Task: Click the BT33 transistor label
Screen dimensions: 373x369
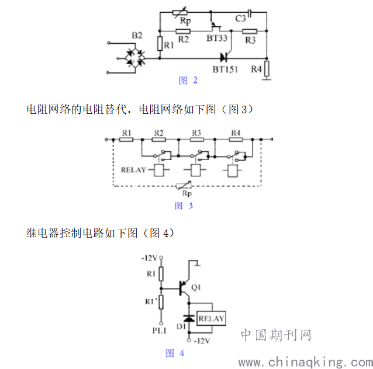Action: [x=217, y=38]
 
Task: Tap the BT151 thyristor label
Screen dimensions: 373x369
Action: [x=225, y=69]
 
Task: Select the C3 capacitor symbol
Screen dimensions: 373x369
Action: [x=249, y=13]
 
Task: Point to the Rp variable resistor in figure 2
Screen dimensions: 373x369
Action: [x=180, y=12]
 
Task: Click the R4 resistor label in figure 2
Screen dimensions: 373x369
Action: [x=257, y=69]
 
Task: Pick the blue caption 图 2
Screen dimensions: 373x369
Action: [x=188, y=81]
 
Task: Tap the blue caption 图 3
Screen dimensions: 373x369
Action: [x=184, y=206]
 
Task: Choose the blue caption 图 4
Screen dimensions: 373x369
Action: [x=175, y=353]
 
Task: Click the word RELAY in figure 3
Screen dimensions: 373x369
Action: [x=133, y=170]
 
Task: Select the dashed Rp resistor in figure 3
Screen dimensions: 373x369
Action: [x=184, y=185]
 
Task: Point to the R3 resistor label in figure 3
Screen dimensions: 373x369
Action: [x=196, y=133]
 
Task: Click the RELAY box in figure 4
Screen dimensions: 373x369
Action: [x=211, y=318]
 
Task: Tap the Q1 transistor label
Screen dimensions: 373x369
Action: [x=196, y=287]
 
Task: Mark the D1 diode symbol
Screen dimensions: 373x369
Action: [x=189, y=318]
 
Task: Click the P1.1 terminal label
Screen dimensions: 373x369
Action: [x=159, y=330]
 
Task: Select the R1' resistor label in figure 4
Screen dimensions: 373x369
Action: [x=151, y=301]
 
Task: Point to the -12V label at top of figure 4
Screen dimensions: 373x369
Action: [x=150, y=258]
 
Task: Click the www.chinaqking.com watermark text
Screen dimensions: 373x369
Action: [x=306, y=362]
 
